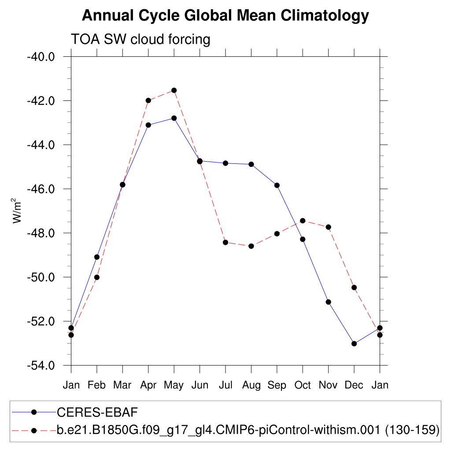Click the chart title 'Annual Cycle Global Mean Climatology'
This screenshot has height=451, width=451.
tap(225, 16)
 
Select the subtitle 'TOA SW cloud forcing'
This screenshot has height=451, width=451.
tap(140, 40)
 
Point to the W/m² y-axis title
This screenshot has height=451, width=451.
tap(17, 211)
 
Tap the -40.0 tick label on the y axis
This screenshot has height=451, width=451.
tap(41, 57)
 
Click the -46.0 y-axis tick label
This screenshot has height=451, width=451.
tap(41, 189)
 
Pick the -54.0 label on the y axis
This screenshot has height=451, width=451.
tap(41, 366)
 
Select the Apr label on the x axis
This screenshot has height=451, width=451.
tap(148, 385)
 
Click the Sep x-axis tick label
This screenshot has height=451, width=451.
tap(277, 385)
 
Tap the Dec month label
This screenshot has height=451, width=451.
tap(354, 385)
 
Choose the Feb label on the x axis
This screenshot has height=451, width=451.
tap(97, 385)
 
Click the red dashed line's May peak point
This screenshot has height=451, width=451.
tap(174, 90)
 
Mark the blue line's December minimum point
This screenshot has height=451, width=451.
tap(354, 344)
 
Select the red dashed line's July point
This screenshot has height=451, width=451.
tap(225, 242)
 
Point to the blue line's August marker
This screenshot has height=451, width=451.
tap(251, 164)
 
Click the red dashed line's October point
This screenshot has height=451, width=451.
tap(303, 221)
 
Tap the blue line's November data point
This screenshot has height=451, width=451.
tap(328, 302)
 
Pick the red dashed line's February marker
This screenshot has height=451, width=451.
tap(97, 277)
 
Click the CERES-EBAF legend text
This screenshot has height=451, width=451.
tap(97, 412)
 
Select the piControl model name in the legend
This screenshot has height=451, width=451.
tap(248, 429)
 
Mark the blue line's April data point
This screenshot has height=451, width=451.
tap(148, 125)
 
